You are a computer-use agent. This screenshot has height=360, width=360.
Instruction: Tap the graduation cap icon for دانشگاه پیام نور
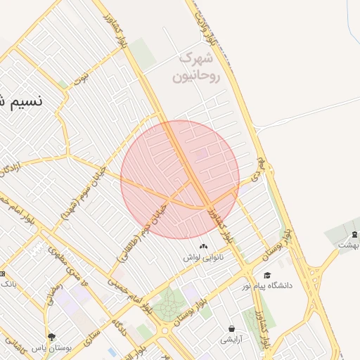[x=267, y=275]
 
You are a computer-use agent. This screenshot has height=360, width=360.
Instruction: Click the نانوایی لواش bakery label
[x=204, y=257]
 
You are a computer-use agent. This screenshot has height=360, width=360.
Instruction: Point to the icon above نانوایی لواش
[x=204, y=246]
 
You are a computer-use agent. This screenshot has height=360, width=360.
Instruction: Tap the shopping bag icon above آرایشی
[x=231, y=328]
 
